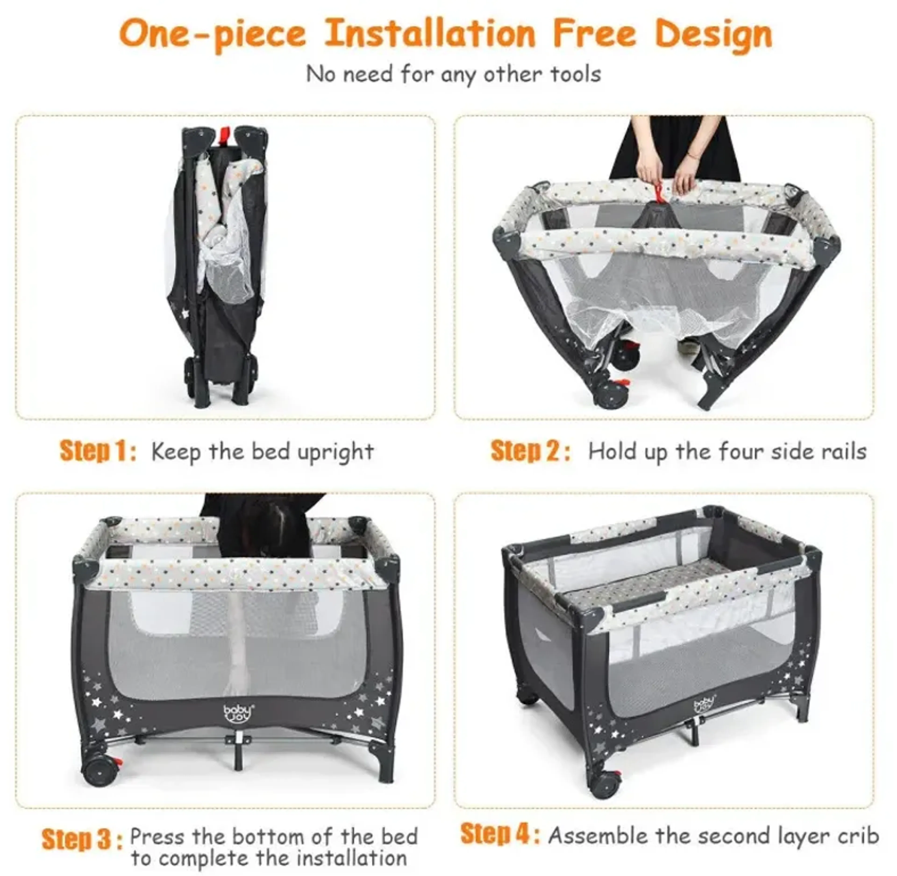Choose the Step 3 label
click(82, 839)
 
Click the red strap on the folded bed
click(224, 134)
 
